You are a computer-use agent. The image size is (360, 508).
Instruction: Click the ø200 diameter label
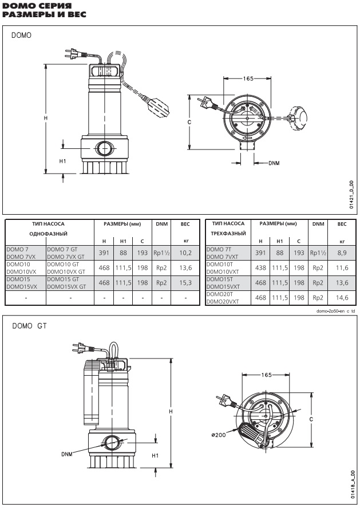coord(219,435)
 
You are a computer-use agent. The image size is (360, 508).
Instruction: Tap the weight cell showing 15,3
coord(185,283)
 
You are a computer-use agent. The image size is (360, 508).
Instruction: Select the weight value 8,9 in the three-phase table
coord(342,253)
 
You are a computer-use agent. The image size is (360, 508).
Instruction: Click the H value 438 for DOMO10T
coord(260,268)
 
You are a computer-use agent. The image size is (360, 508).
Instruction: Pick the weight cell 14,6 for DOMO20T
coord(342,298)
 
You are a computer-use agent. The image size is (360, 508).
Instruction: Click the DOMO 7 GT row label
coord(62,250)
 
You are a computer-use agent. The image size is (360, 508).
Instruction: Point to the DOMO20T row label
coord(220,294)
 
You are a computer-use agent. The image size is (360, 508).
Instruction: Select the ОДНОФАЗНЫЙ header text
coord(48,234)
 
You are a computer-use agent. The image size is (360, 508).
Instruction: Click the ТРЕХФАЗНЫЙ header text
coord(228,233)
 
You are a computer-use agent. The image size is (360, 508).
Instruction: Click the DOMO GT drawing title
coord(29,326)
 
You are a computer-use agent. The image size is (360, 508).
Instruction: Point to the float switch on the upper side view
coord(157,106)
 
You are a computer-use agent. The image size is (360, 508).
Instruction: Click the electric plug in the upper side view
coord(73,54)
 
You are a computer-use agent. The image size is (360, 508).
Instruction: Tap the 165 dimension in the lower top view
coord(266,375)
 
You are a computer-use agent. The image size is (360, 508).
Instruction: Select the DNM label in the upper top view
coord(274,163)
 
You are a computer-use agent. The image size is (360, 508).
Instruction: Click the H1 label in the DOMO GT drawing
coord(156,455)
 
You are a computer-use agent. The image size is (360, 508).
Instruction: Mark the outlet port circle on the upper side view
coord(104,149)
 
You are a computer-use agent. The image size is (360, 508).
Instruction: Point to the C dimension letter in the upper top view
coord(189,122)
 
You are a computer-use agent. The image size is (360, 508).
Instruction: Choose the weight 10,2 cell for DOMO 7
coord(185,253)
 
